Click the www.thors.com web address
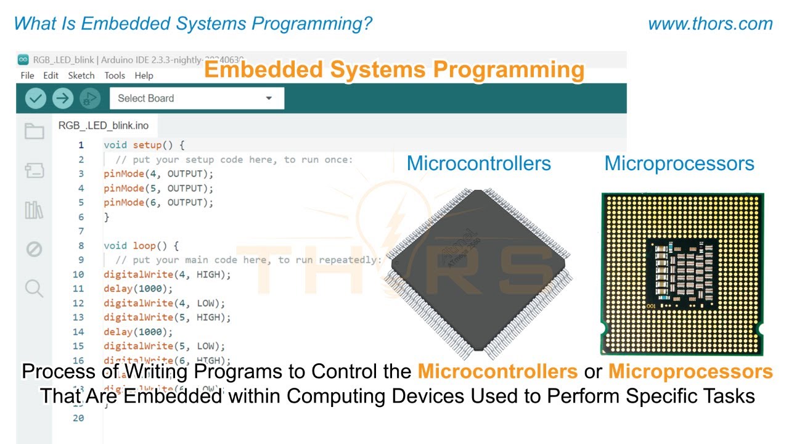[x=710, y=24]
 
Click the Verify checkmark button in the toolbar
[x=35, y=98]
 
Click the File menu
[x=27, y=75]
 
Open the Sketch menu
[x=81, y=75]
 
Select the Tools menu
[x=115, y=75]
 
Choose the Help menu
[x=144, y=75]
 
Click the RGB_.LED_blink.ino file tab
[x=104, y=125]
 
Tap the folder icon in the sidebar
[x=34, y=131]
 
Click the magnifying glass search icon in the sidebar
[x=34, y=288]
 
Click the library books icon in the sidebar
[x=34, y=210]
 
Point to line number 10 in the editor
[x=78, y=274]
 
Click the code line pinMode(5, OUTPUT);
[x=158, y=188]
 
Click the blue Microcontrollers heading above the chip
[x=479, y=163]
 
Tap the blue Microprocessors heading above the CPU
[x=679, y=163]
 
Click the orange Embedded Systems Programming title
[x=394, y=70]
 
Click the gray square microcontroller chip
[x=479, y=271]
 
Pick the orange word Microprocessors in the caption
[x=690, y=372]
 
